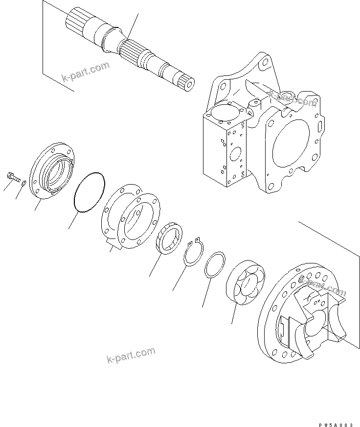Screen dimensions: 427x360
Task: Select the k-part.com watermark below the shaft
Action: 85,71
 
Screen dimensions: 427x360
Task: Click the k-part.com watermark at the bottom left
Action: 131,356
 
